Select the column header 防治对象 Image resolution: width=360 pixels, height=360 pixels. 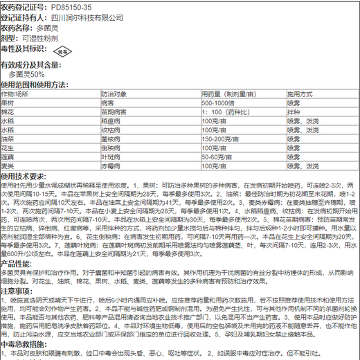114,93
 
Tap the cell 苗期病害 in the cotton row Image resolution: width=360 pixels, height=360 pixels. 114,111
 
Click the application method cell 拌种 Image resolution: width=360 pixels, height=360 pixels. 294,111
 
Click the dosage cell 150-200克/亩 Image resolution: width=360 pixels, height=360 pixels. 220,138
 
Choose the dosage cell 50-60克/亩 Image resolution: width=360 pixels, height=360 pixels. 217,156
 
